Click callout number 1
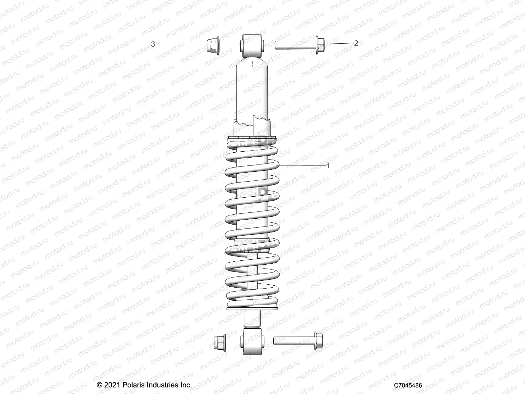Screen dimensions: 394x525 [x=328, y=166]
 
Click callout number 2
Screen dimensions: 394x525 [x=356, y=43]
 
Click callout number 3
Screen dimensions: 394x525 [x=153, y=44]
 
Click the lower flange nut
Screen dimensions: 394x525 [x=219, y=343]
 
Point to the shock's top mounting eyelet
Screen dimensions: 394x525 [x=252, y=46]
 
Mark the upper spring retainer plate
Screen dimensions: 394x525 [x=252, y=139]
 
